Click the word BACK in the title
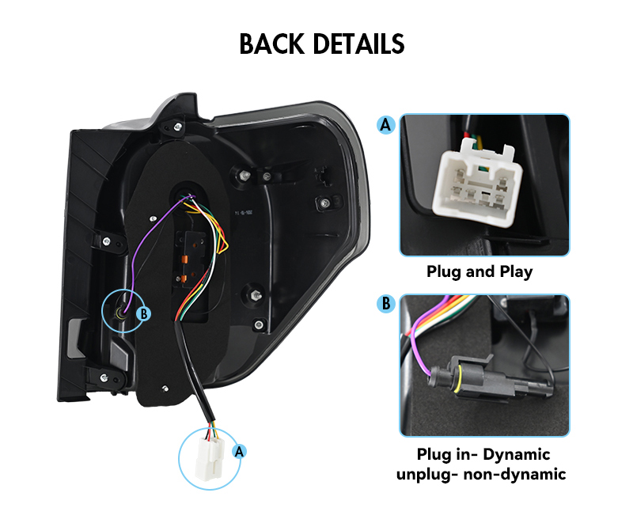pos(271,44)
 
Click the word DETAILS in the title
pos(358,44)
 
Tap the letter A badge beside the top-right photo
pos(386,125)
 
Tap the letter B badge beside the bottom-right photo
pos(386,303)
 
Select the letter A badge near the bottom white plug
pos(240,451)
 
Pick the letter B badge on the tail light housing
pos(143,313)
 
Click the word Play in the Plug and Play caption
pos(517,271)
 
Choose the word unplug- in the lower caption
pos(427,475)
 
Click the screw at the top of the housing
pos(177,127)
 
